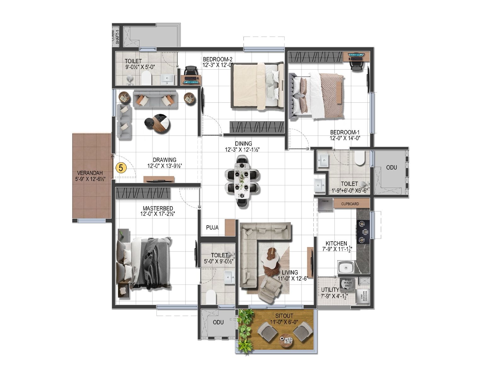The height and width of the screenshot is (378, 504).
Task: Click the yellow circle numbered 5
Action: point(121,168)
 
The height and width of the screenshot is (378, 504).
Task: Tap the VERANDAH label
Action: point(90,173)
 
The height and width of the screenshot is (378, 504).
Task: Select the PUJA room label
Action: point(212,227)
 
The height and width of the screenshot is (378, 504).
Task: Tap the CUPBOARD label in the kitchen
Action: point(350,204)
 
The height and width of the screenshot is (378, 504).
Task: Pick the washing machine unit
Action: point(363,296)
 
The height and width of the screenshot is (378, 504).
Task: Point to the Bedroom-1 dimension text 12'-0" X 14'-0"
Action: point(345,138)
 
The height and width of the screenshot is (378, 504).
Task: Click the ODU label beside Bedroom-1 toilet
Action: point(392,168)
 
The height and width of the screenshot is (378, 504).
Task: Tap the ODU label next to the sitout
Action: point(218,322)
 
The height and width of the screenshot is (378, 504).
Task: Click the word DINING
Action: point(243,144)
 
